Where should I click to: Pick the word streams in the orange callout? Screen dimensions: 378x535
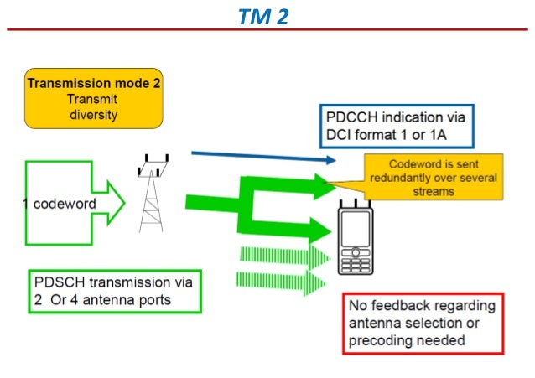[x=434, y=191]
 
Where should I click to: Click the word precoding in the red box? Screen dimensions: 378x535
[x=382, y=340]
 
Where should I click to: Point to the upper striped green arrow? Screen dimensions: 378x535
[x=281, y=256]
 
